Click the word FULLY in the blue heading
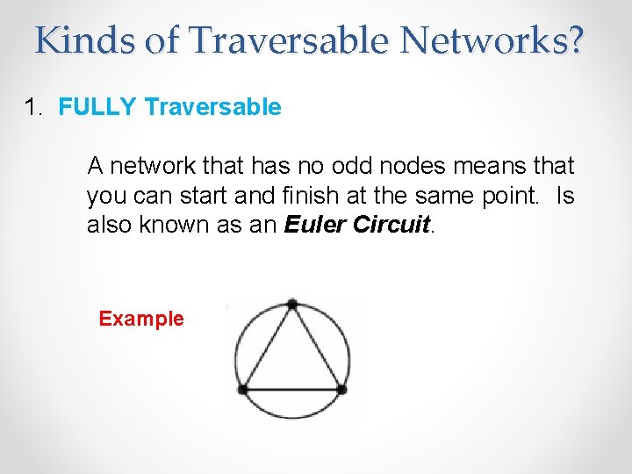(97, 108)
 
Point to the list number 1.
(32, 108)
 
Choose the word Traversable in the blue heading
(212, 108)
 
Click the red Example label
(141, 319)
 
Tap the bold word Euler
(315, 225)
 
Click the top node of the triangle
(292, 305)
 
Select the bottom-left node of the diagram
(243, 388)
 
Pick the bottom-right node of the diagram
(341, 388)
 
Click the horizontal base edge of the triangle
(292, 388)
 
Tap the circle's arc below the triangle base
(292, 418)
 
